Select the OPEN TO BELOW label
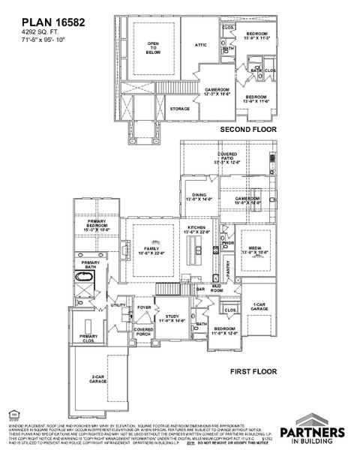pos(153,49)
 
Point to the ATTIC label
pos(200,44)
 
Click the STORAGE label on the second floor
pos(179,109)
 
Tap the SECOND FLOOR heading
pos(247,129)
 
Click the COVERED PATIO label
pos(224,158)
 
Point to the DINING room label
pos(199,196)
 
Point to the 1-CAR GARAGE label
pos(260,306)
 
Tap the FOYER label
pos(144,307)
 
